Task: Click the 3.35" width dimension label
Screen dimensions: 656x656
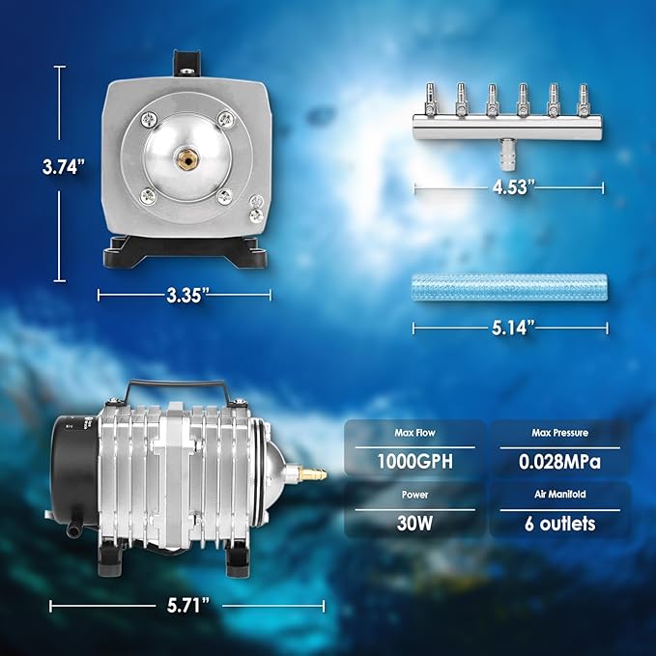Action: (x=184, y=296)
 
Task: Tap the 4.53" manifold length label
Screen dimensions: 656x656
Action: (x=509, y=186)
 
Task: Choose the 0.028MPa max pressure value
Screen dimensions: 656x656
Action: (x=559, y=461)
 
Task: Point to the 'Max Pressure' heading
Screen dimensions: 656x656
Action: (x=559, y=432)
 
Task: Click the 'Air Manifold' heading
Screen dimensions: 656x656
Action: (x=559, y=496)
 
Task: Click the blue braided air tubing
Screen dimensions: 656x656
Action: (x=509, y=287)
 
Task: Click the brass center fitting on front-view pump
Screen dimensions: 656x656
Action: (x=184, y=155)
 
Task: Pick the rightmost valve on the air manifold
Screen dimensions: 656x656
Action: (x=584, y=98)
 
